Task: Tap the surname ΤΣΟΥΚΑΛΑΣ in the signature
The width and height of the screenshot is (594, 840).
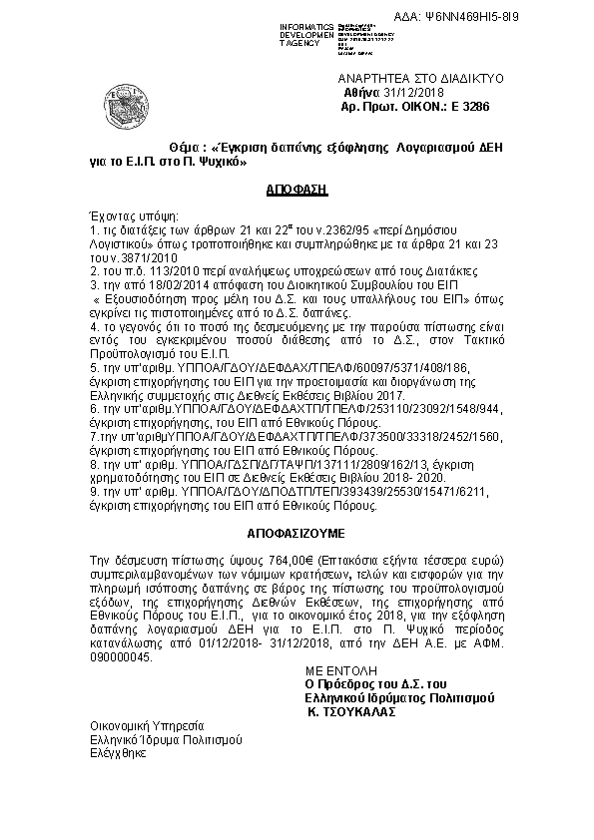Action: point(356,713)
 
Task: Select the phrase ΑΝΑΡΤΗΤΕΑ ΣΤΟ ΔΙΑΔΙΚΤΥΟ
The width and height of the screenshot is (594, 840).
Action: point(421,78)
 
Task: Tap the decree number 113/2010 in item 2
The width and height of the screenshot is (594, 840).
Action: point(156,269)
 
